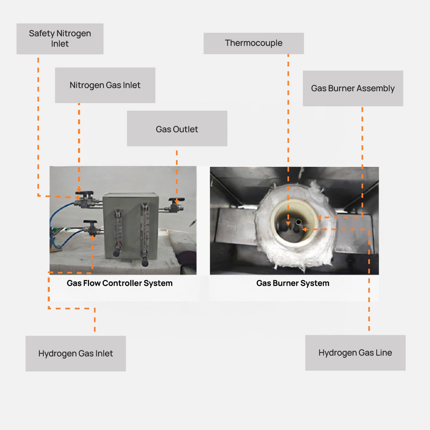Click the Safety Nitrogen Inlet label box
click(x=60, y=39)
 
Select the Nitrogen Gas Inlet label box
click(x=105, y=85)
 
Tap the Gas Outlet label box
click(x=177, y=129)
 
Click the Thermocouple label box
click(x=254, y=43)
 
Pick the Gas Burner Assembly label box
click(x=353, y=88)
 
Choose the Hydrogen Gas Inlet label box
click(x=76, y=354)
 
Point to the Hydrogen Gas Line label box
click(x=355, y=353)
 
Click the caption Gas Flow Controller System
click(x=119, y=283)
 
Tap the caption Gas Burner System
click(x=293, y=283)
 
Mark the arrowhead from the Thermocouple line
click(x=288, y=223)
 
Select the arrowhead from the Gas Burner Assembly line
click(x=319, y=218)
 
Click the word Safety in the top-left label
click(x=41, y=33)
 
